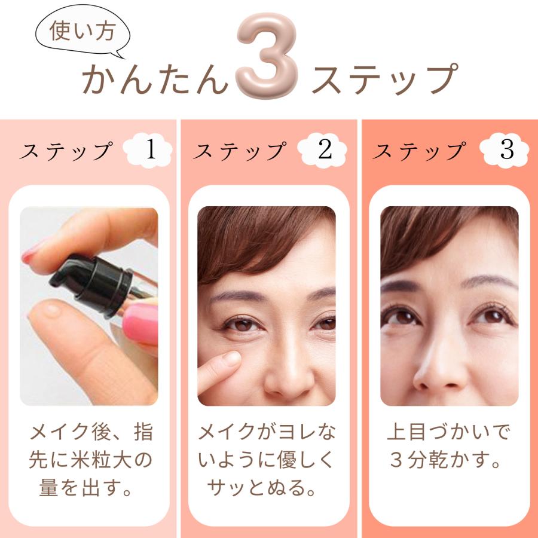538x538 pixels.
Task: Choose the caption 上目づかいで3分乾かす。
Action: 449,445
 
